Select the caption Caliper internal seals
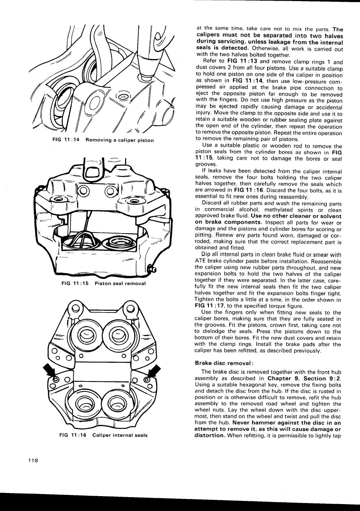tap(120, 435)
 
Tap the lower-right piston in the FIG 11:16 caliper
tap(116, 403)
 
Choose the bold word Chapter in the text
tap(279, 378)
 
